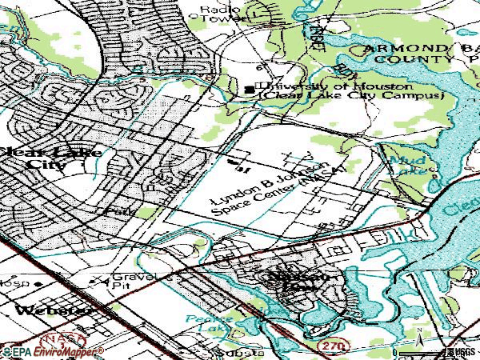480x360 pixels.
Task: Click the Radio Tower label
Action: pyautogui.click(x=215, y=14)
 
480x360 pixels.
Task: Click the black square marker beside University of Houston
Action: pyautogui.click(x=250, y=89)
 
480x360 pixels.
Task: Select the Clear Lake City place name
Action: pyautogui.click(x=32, y=157)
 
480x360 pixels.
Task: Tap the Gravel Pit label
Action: pyautogui.click(x=131, y=279)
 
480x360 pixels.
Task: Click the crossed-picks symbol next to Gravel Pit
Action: pyautogui.click(x=99, y=280)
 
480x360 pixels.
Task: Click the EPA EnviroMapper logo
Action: pyautogui.click(x=52, y=351)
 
